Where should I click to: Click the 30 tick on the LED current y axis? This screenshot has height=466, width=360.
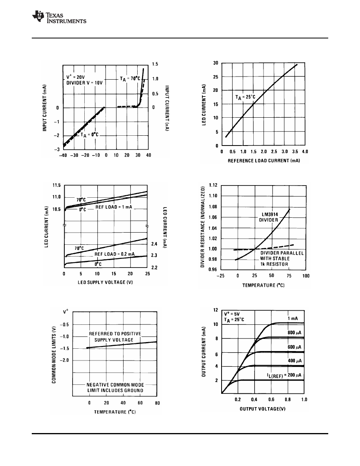pyautogui.click(x=215, y=63)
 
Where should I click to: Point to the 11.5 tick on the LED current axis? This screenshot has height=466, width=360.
pyautogui.click(x=57, y=185)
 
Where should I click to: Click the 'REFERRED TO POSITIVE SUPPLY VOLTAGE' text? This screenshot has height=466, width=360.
pyautogui.click(x=115, y=336)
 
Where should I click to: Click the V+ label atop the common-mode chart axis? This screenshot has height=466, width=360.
pyautogui.click(x=66, y=312)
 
